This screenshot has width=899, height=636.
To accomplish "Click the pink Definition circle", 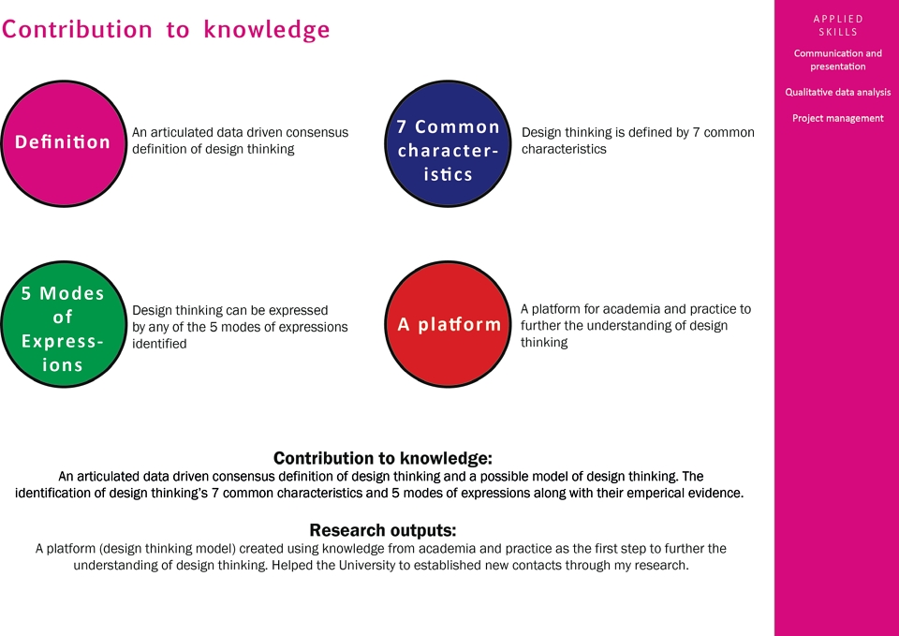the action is [x=63, y=143].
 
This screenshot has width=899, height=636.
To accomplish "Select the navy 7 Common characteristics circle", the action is [x=448, y=143].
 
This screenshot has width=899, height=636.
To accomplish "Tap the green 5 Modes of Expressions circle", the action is [x=63, y=324].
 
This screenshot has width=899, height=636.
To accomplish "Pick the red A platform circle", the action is [x=448, y=324].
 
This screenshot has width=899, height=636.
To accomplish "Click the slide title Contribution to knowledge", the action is [x=166, y=29].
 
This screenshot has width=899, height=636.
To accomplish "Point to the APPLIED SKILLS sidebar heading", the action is [x=837, y=25].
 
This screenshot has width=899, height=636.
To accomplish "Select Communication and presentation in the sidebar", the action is [x=837, y=60].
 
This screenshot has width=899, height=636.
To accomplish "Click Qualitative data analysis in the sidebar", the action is [x=837, y=92].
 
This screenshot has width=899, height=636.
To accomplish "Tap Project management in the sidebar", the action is [x=837, y=118].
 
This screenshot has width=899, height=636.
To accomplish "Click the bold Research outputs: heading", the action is [x=382, y=529].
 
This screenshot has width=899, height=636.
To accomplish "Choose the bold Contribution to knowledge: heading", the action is [x=382, y=458].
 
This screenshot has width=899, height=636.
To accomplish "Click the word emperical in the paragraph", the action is [x=655, y=494].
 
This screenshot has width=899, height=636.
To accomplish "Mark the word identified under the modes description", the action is [x=159, y=344].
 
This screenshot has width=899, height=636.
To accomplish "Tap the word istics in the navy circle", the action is [x=448, y=174].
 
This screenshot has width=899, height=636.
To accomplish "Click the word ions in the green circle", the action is [x=62, y=364].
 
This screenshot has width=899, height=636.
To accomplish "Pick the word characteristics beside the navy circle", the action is [x=564, y=149].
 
